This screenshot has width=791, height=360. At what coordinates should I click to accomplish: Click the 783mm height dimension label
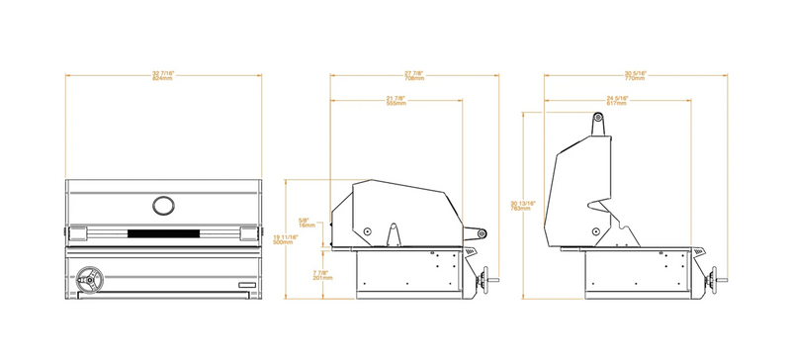524,205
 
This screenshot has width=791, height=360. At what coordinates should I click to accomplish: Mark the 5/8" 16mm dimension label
307,223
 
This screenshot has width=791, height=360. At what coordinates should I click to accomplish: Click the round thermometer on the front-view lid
162,205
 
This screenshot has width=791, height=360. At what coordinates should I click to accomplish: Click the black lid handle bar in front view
162,233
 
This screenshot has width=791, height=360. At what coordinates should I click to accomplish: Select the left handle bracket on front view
77,232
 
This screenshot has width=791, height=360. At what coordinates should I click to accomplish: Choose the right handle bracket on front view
247,232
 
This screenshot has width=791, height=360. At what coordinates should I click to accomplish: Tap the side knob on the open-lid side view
714,284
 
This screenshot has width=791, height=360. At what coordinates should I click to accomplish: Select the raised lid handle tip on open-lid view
598,119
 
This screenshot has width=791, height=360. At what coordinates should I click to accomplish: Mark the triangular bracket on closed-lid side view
394,236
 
